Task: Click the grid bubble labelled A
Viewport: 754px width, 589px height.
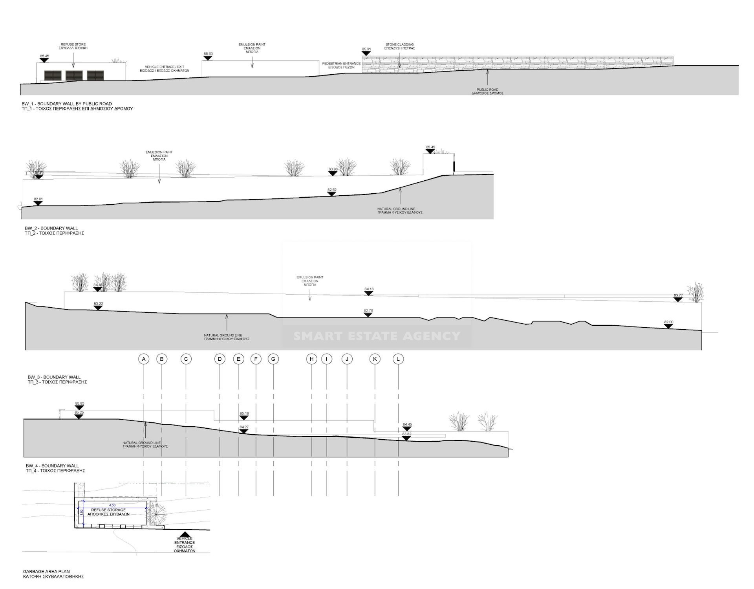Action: point(144,359)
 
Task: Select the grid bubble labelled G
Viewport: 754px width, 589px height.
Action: point(273,359)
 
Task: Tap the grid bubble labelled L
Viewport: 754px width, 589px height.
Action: point(398,359)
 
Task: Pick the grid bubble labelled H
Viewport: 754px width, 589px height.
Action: point(311,359)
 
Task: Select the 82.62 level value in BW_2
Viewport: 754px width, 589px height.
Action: point(332,190)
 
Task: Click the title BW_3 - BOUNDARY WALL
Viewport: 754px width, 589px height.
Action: point(54,377)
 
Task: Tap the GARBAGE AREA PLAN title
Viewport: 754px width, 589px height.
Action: point(46,572)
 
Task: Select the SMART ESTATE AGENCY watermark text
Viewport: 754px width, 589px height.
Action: point(377,336)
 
